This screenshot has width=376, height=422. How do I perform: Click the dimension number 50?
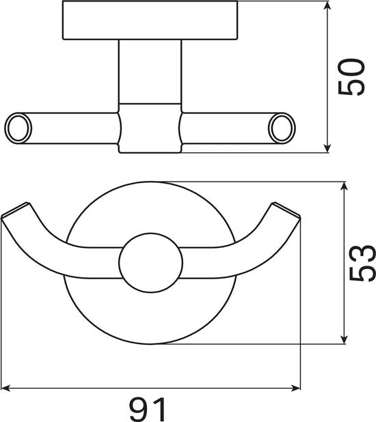(351, 77)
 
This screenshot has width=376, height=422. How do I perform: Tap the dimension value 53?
(362, 263)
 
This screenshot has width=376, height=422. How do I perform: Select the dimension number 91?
(148, 409)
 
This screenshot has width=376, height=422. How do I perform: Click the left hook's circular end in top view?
(18, 128)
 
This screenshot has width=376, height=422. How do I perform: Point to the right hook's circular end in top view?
(282, 128)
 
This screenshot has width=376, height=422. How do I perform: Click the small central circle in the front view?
(151, 263)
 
